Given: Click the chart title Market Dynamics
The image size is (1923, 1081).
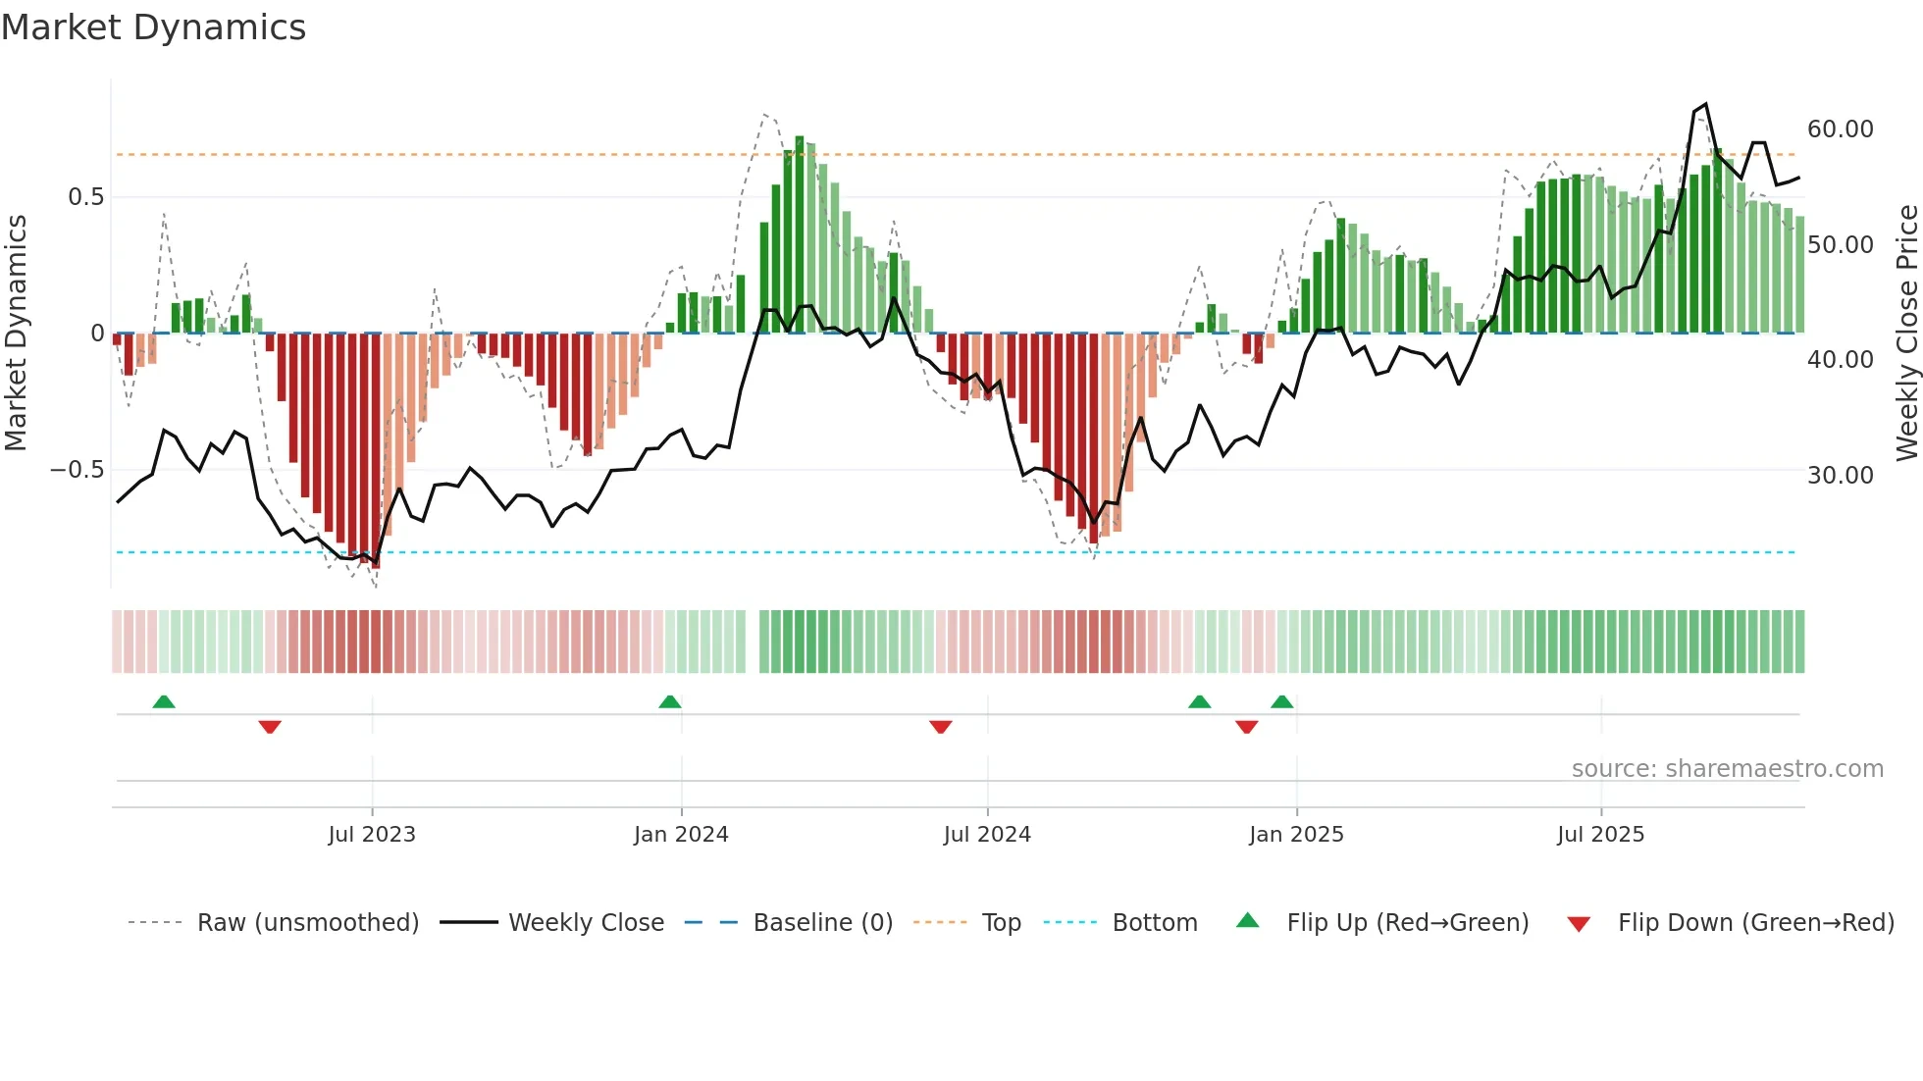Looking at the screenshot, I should coord(154,27).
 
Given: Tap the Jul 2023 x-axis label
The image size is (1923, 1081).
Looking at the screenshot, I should coord(372,835).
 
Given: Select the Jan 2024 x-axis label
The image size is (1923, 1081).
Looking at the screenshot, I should coord(681,835).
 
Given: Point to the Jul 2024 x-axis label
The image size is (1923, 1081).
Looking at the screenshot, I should coord(987,835).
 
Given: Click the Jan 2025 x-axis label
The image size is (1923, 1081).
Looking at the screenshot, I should coord(1296,835).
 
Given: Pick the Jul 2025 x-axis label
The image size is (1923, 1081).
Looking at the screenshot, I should coord(1600,835).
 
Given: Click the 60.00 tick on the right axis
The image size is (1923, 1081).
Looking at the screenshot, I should coord(1840,129).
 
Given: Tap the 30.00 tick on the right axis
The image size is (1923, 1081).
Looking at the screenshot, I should coord(1840,476).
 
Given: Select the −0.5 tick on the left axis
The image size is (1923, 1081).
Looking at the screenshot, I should coord(77,470).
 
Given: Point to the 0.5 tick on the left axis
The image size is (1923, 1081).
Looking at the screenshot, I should coord(85,197).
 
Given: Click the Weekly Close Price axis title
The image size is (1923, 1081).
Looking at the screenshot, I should coord(1906,334).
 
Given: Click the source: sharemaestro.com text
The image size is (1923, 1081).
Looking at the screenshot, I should coord(1727,769).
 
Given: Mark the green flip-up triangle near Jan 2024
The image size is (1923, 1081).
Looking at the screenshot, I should coord(670,702).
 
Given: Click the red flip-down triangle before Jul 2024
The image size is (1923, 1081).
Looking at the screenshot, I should coord(941,727).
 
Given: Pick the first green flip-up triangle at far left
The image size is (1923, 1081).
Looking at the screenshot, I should coord(164,702).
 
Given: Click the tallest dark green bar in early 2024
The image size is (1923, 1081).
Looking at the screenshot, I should coord(800,235).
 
